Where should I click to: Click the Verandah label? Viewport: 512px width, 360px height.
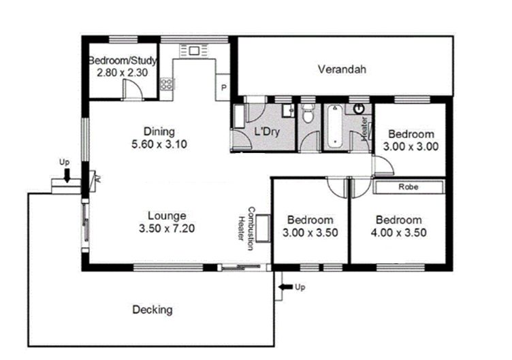pos(342,69)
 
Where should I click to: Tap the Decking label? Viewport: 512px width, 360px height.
pos(153,310)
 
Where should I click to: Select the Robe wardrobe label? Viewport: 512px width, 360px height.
pos(408,187)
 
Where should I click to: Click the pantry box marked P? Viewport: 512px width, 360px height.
pos(223,87)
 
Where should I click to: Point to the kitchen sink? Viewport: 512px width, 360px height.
pos(193,51)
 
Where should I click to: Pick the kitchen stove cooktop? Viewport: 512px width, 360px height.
pos(167,84)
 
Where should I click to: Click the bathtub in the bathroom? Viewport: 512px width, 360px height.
pos(334,126)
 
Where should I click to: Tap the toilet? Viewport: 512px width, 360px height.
pos(307,112)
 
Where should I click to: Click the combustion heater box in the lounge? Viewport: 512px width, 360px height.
pos(263,228)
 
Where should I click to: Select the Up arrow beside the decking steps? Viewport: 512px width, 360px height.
pos(286,287)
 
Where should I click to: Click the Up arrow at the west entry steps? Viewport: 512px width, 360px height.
pos(67,176)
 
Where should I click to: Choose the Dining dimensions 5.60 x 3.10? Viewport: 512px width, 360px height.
pos(159,144)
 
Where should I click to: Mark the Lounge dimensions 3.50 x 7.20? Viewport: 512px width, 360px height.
pos(167,228)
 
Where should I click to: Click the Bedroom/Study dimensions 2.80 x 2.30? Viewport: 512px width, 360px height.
pos(122,72)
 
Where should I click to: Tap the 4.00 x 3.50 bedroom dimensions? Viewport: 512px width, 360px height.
pos(399,233)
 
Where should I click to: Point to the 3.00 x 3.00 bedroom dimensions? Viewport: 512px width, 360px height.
pos(411,146)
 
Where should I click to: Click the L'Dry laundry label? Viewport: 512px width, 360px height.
pos(267,131)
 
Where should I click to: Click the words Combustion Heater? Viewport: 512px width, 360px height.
pos(246,228)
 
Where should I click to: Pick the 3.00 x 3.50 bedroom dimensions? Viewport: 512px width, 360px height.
pos(310,233)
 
